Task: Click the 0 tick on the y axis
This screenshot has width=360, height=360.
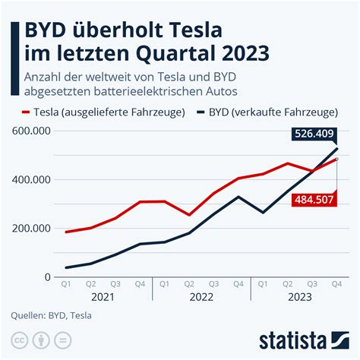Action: (47, 277)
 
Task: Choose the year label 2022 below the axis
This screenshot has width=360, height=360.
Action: (201, 299)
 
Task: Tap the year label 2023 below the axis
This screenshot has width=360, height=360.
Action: (300, 299)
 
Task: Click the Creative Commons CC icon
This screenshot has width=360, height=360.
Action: (19, 339)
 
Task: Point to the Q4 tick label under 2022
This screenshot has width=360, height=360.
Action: (238, 285)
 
